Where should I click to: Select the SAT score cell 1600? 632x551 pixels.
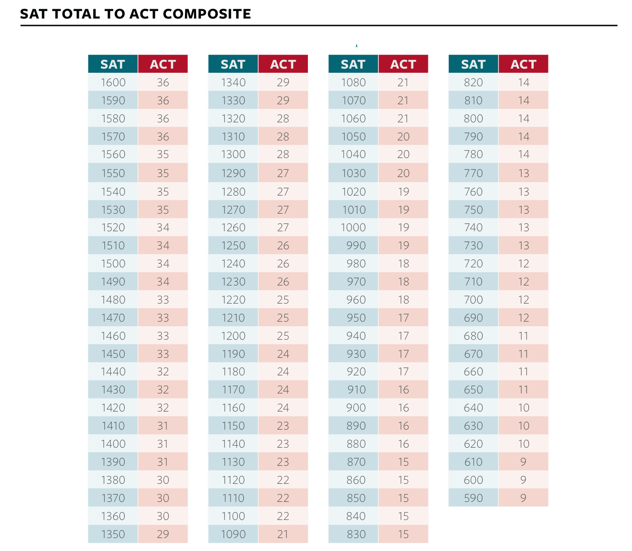(113, 82)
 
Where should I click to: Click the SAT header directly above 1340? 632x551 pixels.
(233, 64)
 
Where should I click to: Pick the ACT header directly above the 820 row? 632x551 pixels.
(523, 64)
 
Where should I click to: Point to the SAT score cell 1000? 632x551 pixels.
(353, 228)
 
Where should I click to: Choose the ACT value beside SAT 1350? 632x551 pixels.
(163, 534)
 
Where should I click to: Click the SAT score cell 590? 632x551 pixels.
(473, 498)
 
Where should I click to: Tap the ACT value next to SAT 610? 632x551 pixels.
(523, 462)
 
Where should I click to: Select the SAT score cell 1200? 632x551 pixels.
(233, 336)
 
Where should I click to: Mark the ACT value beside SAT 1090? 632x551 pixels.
(283, 534)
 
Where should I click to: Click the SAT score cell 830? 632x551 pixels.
(356, 534)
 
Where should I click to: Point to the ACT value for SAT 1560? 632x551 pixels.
(163, 154)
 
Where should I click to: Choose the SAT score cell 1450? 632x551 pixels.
(113, 354)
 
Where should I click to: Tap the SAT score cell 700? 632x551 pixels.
(473, 300)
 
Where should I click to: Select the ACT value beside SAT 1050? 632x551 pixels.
(403, 137)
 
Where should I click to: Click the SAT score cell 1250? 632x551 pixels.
(233, 246)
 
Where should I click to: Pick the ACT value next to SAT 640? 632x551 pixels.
(523, 408)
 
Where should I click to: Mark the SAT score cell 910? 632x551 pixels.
(356, 390)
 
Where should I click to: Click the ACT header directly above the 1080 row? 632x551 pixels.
(403, 64)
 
